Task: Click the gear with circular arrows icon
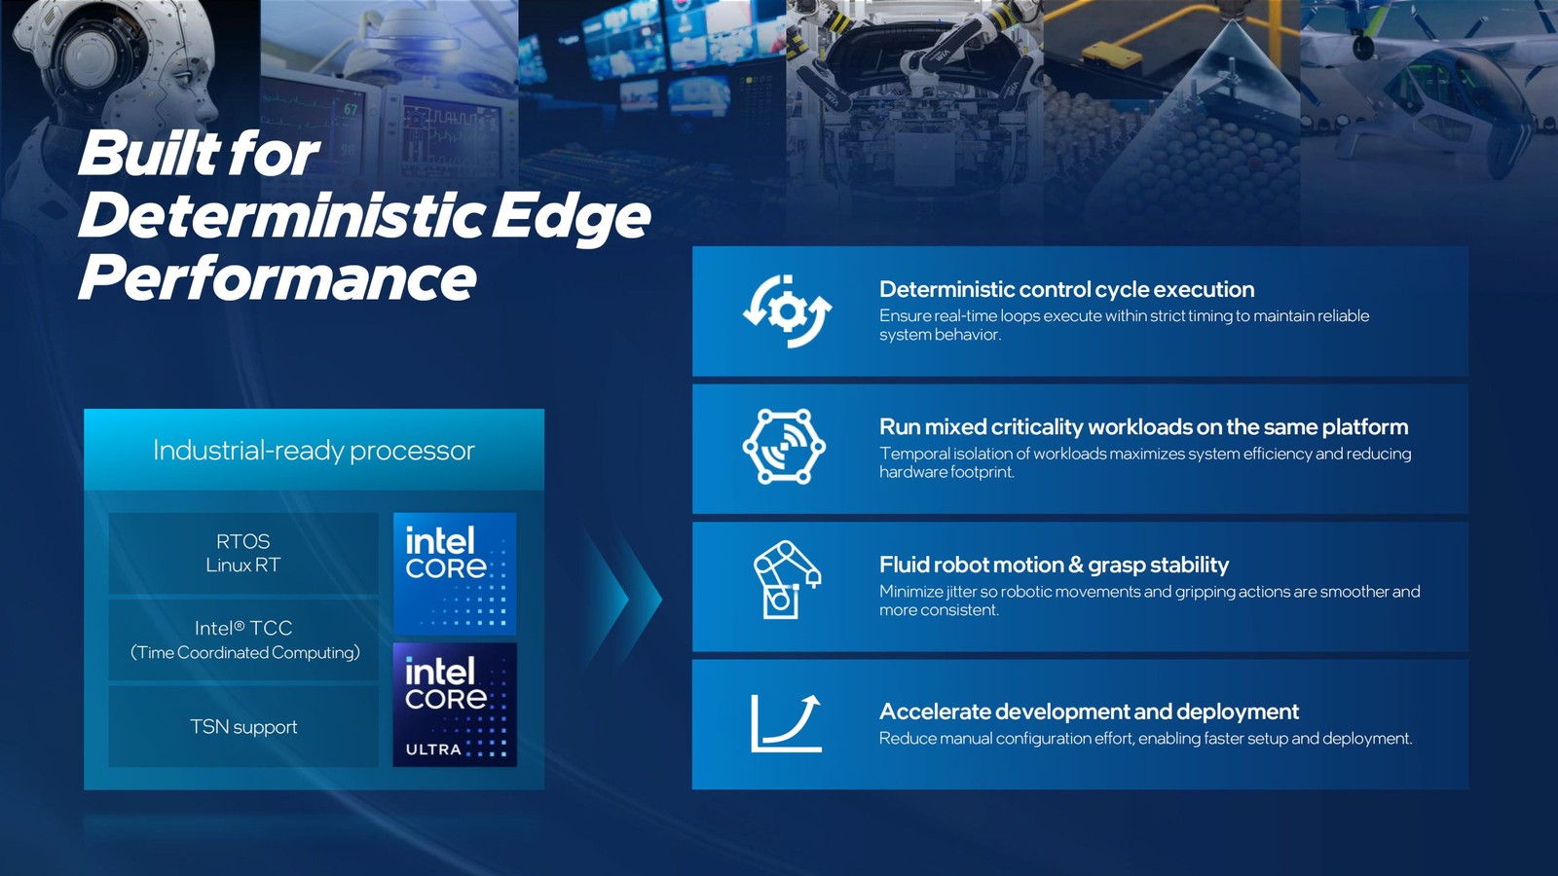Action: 787,311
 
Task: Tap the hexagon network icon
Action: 784,447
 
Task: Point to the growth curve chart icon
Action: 786,723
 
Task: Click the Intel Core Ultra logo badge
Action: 455,705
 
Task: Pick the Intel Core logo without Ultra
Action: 455,573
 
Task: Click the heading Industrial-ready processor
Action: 314,451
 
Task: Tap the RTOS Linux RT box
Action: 243,553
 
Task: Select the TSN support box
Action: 243,727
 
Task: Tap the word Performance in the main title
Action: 278,278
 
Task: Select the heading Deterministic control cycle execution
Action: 1066,289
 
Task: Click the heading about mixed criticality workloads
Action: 1143,426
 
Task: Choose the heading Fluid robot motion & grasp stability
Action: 1054,565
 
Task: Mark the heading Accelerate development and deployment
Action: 1089,712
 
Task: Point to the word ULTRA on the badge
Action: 433,749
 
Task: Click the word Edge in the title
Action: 571,216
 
